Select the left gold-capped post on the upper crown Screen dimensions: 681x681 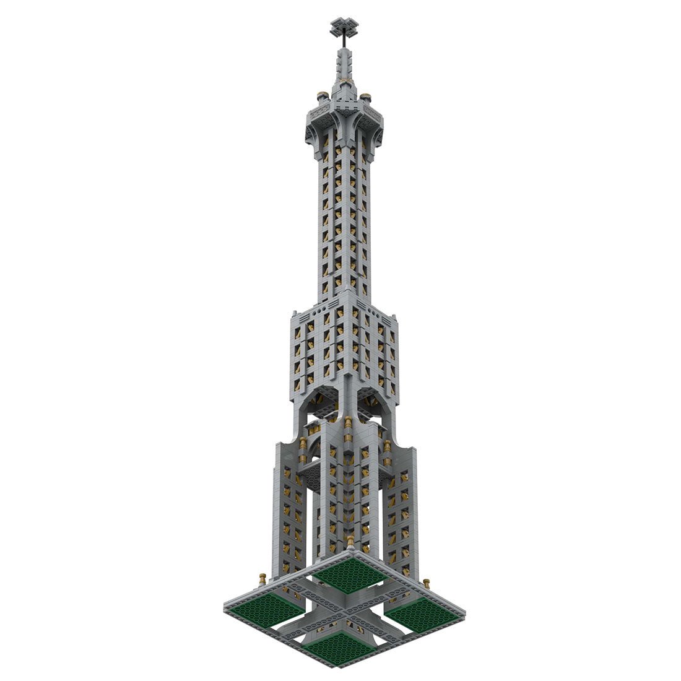pyautogui.click(x=321, y=97)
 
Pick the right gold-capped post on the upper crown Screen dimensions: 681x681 pyautogui.click(x=366, y=98)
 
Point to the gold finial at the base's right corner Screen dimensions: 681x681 pyautogui.click(x=427, y=584)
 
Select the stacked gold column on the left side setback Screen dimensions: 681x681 pyautogui.click(x=303, y=449)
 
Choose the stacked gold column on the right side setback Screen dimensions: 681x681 pyautogui.click(x=388, y=449)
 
